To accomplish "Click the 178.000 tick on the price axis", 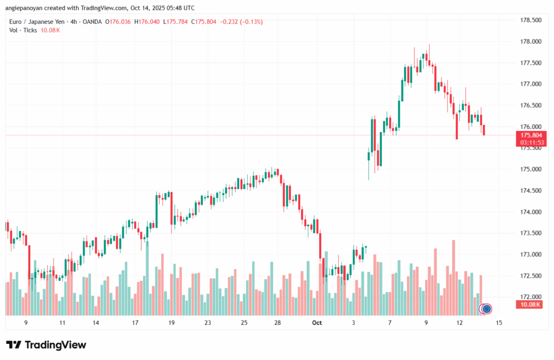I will (x=530, y=42).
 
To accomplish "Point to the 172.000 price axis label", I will (x=530, y=297).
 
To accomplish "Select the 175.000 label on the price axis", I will (x=530, y=169).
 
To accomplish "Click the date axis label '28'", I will (x=278, y=323).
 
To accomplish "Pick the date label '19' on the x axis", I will (x=172, y=323).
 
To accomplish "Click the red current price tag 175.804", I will (x=531, y=135).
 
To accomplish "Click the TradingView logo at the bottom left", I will (x=46, y=345).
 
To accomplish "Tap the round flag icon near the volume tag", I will (x=486, y=309).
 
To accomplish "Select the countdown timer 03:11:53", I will (x=531, y=142).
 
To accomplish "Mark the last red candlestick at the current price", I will (x=484, y=130).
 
